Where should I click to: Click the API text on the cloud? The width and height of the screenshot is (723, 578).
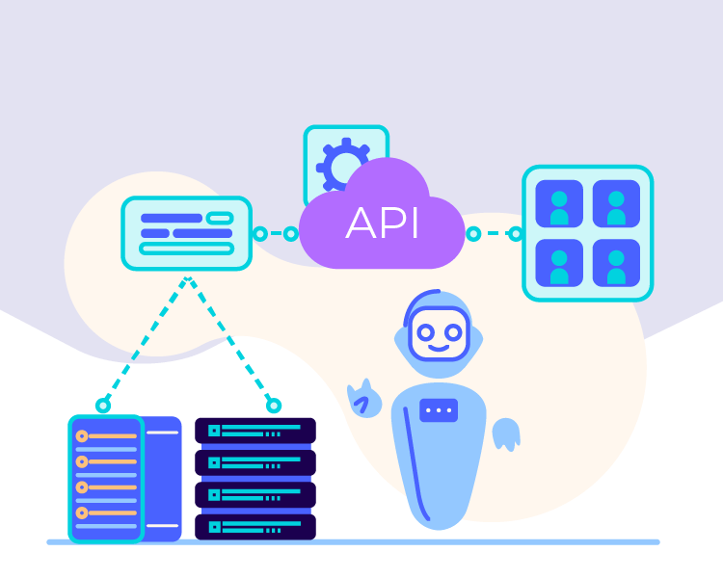[x=383, y=224]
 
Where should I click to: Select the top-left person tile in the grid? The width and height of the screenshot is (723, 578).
[x=559, y=204]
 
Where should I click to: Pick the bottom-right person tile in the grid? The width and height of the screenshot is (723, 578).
[x=616, y=263]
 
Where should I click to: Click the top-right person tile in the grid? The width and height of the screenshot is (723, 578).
[x=616, y=204]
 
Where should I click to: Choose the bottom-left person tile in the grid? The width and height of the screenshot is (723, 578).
[x=559, y=263]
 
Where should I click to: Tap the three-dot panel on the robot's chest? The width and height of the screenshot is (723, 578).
[x=439, y=409]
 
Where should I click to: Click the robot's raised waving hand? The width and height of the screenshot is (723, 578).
[x=364, y=398]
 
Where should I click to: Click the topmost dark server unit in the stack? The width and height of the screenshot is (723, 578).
[x=255, y=431]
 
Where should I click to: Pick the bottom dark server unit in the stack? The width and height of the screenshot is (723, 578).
[x=255, y=527]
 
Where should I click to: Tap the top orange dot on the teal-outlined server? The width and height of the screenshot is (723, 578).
[x=82, y=436]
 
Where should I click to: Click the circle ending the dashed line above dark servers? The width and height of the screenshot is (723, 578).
[x=274, y=406]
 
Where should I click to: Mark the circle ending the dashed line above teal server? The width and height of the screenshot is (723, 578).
[x=103, y=406]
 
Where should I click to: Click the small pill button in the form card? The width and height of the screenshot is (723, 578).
[x=220, y=219]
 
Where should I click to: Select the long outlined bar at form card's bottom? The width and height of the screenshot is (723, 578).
[x=187, y=249]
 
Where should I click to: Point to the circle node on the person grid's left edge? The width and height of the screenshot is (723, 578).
[x=516, y=234]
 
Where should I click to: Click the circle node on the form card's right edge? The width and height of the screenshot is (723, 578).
[x=259, y=234]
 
